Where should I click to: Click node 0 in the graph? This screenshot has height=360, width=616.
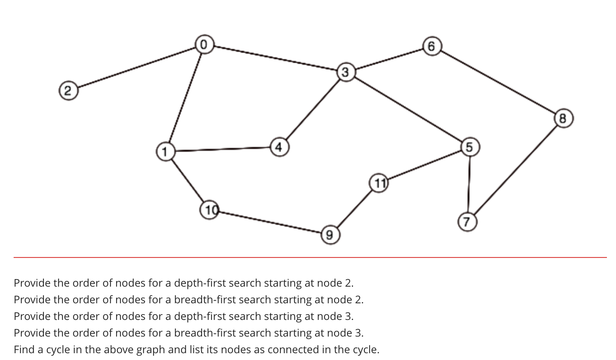pos(204,44)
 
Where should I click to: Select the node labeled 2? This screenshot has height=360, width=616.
pos(68,91)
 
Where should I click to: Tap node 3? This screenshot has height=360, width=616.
pos(345,72)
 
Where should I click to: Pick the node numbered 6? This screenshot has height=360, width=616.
pos(432,46)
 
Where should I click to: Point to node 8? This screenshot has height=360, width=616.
pos(563,118)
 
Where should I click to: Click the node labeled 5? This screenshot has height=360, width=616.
pos(470,147)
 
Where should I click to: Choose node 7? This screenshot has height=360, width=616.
pos(467,222)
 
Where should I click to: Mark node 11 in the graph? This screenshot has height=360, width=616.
pos(379,183)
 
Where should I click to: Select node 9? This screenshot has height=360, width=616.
pos(330,235)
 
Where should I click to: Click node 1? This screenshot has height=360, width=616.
pos(165,151)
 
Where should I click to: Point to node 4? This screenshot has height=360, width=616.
pos(279,147)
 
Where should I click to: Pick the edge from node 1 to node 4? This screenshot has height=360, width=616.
pos(222,149)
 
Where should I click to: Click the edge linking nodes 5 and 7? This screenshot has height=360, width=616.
pos(469,184)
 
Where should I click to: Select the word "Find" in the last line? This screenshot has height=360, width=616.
pos(24,349)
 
